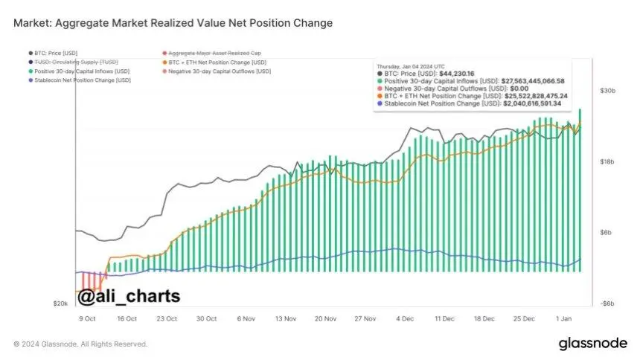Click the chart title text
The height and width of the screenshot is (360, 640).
click(173, 23)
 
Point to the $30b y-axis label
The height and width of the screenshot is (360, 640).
click(607, 91)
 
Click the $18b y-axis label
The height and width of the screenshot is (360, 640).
click(607, 161)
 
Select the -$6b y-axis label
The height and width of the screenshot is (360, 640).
click(607, 303)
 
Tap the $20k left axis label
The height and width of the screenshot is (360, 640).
click(61, 303)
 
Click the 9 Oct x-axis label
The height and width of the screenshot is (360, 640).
click(86, 318)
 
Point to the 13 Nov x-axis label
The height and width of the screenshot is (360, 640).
click(286, 318)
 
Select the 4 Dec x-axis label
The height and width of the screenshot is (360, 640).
click(405, 318)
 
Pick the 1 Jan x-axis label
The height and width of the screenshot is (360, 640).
click(564, 318)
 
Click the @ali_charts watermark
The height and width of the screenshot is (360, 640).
click(129, 296)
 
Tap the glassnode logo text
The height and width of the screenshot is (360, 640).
click(593, 344)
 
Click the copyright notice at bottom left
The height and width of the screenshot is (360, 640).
click(80, 344)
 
